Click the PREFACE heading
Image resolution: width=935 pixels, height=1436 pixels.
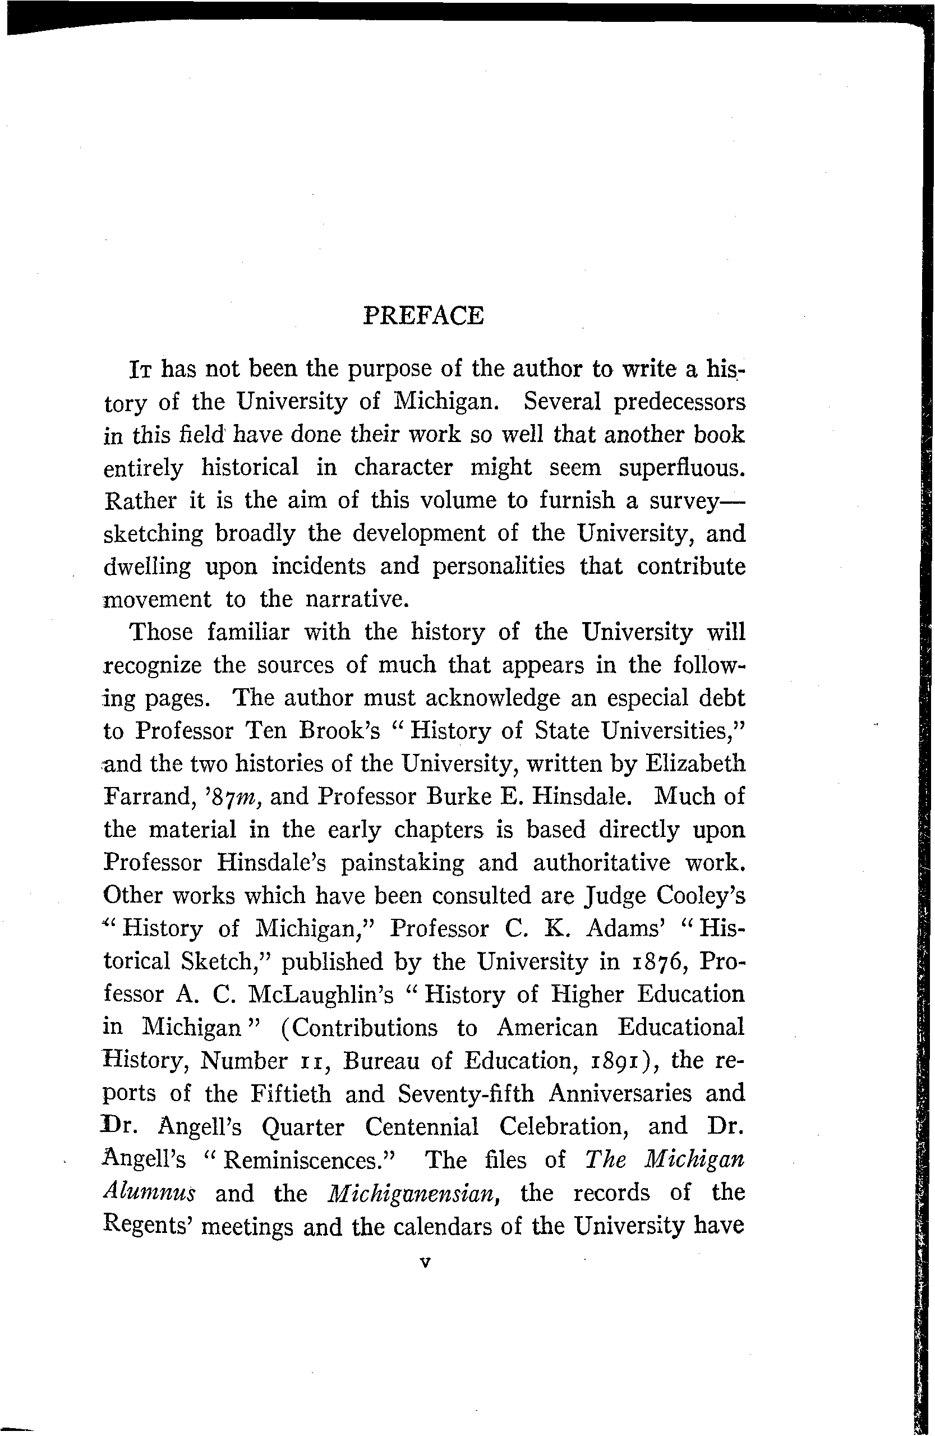[x=423, y=316]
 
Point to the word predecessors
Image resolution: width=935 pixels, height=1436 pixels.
[x=679, y=402]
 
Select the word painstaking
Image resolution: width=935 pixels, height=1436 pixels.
[x=402, y=863]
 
